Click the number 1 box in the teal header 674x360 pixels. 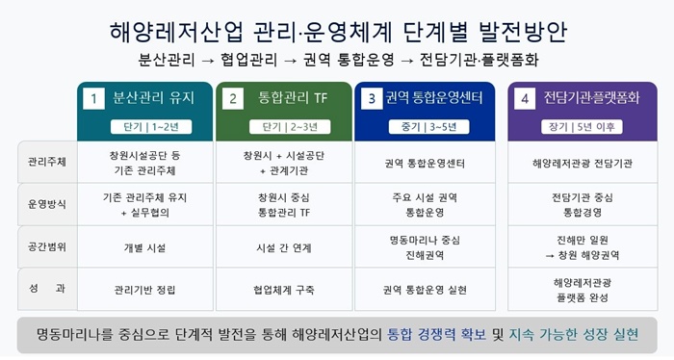coord(93,99)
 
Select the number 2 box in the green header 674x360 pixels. coord(233,99)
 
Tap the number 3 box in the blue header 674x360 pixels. coord(372,99)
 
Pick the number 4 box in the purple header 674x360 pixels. coord(525,99)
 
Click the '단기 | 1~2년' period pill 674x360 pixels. coord(151,127)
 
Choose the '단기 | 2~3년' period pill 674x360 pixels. coord(290,127)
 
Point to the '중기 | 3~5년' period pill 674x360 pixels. coord(428,127)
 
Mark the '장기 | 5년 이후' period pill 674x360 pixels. coord(582,127)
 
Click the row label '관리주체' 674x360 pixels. coord(47,162)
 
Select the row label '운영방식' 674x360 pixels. coord(47,204)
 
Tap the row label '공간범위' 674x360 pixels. coord(47,247)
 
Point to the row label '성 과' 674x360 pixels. coord(47,288)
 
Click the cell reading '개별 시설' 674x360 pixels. coord(144,248)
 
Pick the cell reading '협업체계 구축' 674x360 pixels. coord(284,290)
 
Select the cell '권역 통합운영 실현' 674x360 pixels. coord(425,290)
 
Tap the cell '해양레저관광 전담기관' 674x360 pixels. coord(583,164)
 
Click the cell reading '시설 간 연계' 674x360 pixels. coord(284,248)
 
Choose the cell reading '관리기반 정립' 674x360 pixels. coord(144,290)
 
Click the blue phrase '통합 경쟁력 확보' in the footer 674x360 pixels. coord(437,334)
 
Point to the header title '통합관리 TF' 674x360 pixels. coord(293,98)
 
